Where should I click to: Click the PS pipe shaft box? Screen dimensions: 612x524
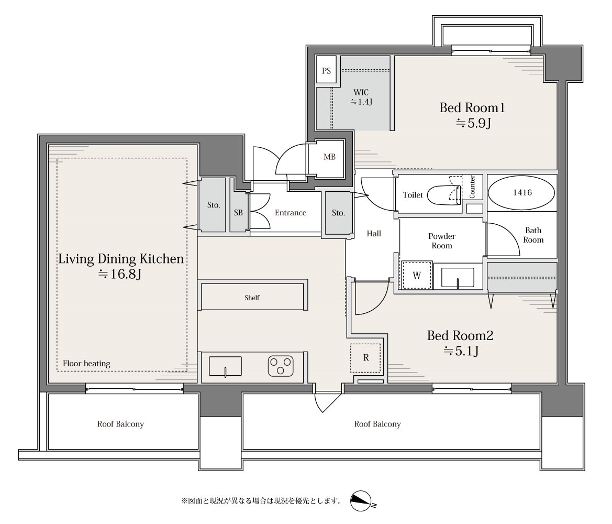tap(326, 70)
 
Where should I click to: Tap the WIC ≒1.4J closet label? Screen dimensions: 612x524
tap(361, 97)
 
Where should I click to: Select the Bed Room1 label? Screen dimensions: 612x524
tap(472, 107)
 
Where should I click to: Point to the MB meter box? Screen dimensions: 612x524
tap(329, 157)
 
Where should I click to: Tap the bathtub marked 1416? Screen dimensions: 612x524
tap(522, 192)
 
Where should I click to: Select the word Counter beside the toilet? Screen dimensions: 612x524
tap(472, 187)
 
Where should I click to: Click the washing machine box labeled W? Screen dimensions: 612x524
tap(417, 275)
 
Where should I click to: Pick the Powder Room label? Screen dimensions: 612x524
tap(442, 241)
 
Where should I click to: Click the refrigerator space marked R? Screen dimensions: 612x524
tap(366, 357)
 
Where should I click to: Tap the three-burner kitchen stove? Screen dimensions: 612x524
tap(281, 366)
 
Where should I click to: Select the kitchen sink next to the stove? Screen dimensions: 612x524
tap(225, 366)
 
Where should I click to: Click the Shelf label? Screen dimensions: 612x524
tap(252, 298)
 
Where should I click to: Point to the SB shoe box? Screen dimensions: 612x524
tap(239, 213)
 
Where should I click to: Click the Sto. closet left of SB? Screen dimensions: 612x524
tap(213, 205)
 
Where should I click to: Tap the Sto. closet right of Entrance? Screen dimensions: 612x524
tap(338, 213)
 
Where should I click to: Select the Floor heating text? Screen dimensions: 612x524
tap(86, 364)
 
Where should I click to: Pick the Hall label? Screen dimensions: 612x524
tap(374, 233)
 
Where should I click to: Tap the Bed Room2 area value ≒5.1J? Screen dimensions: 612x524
tap(461, 351)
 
